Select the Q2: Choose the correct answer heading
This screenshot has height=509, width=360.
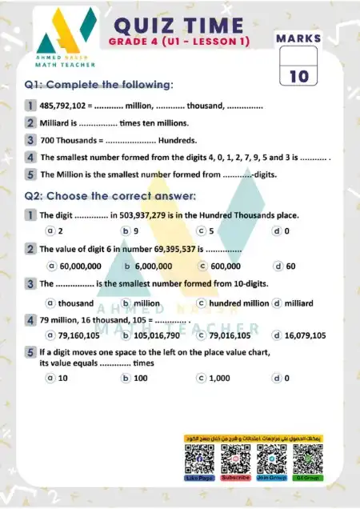tap(110, 195)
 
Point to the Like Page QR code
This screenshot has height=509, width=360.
tap(200, 460)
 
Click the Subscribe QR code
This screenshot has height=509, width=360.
tap(235, 460)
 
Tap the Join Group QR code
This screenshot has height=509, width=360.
tap(271, 460)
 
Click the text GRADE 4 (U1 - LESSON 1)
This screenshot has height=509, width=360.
tap(179, 41)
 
